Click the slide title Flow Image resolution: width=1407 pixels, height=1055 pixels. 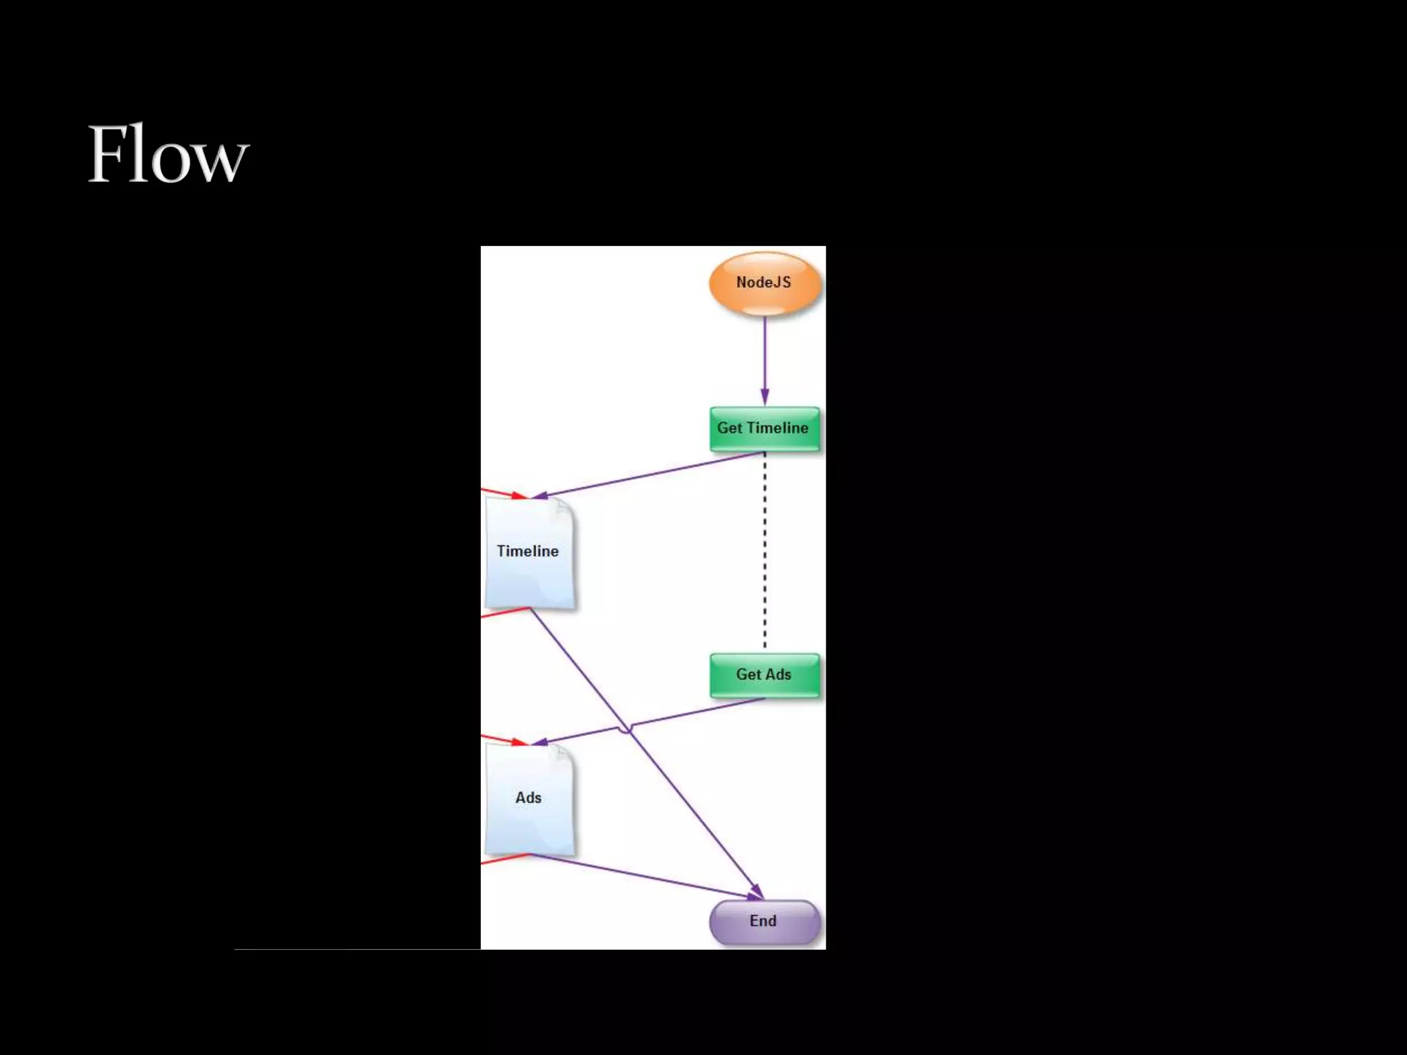pyautogui.click(x=168, y=154)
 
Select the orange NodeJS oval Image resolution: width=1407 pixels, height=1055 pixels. pyautogui.click(x=764, y=283)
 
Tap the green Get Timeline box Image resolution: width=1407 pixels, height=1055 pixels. pyautogui.click(x=764, y=429)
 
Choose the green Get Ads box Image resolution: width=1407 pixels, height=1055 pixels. pyautogui.click(x=764, y=675)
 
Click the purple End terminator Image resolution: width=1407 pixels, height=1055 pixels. pyautogui.click(x=764, y=922)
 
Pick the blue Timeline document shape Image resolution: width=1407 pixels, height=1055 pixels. pyautogui.click(x=528, y=552)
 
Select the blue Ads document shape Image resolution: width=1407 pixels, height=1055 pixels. pyautogui.click(x=528, y=798)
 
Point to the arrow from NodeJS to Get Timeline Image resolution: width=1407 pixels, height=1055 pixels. pyautogui.click(x=765, y=357)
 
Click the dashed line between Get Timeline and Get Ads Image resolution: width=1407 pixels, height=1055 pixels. pyautogui.click(x=765, y=549)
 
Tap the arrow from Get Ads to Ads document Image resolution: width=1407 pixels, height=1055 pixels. pyautogui.click(x=694, y=714)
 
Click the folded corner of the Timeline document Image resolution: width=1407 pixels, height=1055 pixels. pyautogui.click(x=564, y=508)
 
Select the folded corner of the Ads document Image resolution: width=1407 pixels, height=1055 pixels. pyautogui.click(x=564, y=755)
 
